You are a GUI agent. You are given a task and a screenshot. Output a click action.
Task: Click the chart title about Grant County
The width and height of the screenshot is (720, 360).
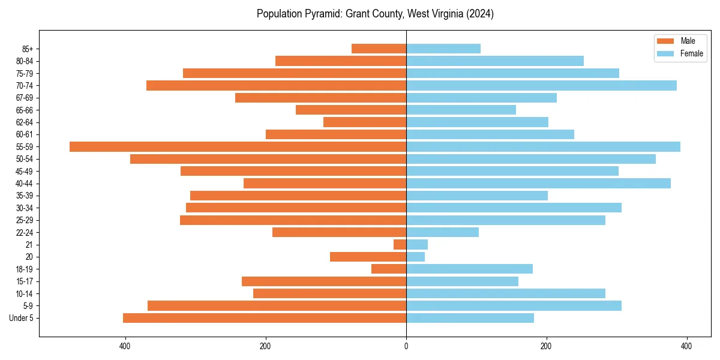pyautogui.click(x=375, y=14)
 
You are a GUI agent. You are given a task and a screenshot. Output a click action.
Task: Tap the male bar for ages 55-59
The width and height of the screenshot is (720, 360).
pyautogui.click(x=238, y=146)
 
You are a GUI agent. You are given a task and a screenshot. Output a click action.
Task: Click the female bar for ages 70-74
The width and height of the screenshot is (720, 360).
pyautogui.click(x=541, y=85)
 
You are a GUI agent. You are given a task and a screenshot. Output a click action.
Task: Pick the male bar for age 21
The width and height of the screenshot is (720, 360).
pyautogui.click(x=400, y=244)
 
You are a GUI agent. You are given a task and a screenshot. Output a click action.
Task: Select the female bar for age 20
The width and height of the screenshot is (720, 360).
pyautogui.click(x=415, y=257)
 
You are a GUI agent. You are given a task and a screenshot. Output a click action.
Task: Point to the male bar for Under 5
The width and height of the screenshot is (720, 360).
pyautogui.click(x=265, y=318)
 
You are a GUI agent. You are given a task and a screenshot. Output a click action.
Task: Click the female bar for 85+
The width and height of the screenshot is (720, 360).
pyautogui.click(x=443, y=49)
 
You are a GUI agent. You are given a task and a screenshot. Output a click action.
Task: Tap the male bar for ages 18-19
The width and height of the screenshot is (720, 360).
pyautogui.click(x=389, y=269)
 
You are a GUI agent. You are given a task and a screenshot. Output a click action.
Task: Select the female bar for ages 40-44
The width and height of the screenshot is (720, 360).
pyautogui.click(x=538, y=183)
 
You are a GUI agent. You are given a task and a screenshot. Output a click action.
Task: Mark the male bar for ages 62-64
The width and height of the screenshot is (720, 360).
pyautogui.click(x=365, y=122)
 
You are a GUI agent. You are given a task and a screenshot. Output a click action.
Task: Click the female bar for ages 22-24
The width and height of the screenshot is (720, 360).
pyautogui.click(x=442, y=232)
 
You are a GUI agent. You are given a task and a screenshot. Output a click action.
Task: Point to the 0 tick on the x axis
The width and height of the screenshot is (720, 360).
pyautogui.click(x=406, y=346)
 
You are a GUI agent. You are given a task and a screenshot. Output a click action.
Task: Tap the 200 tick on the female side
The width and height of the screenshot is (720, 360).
pyautogui.click(x=546, y=346)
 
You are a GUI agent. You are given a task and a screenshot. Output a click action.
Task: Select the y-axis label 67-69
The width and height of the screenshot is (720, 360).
pyautogui.click(x=24, y=98)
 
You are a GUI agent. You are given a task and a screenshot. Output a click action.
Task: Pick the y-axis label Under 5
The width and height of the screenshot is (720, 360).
pyautogui.click(x=22, y=318)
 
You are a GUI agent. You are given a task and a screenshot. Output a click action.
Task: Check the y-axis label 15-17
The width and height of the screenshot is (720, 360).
pyautogui.click(x=24, y=281)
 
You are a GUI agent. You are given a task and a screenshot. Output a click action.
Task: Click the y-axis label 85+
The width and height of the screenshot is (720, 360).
pyautogui.click(x=26, y=49)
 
